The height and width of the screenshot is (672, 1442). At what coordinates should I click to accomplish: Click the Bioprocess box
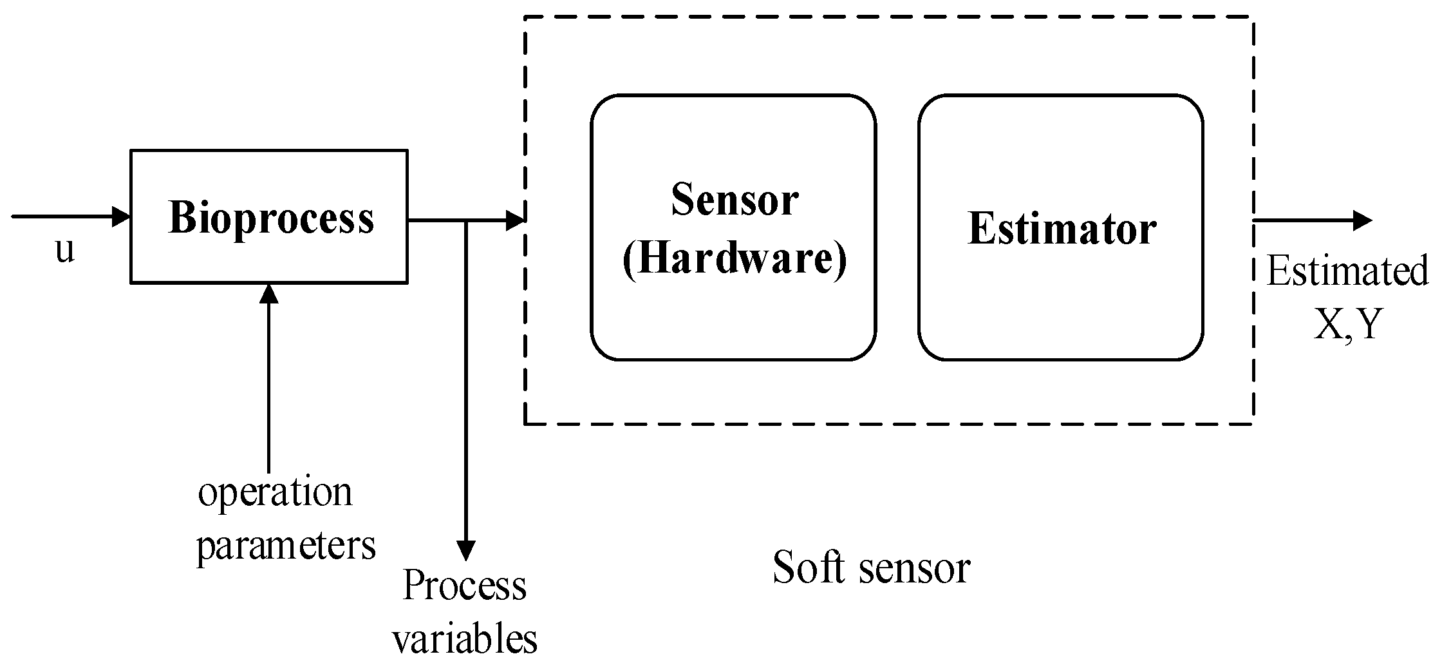(269, 216)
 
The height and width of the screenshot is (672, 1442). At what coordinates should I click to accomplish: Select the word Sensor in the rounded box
(735, 200)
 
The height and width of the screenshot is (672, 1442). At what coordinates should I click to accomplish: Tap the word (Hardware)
(735, 259)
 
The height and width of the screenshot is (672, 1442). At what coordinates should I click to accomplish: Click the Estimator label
(1062, 229)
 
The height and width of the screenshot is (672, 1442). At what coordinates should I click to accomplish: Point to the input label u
(65, 250)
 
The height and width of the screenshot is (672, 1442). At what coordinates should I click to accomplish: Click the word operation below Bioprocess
(276, 493)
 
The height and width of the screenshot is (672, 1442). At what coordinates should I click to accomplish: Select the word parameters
(286, 546)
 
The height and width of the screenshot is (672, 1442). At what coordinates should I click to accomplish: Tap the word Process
(464, 586)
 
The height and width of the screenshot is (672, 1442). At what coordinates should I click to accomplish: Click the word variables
(465, 639)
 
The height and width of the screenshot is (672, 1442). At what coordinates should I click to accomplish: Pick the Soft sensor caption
(871, 568)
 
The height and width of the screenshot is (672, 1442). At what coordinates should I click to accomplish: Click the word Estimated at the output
(1347, 271)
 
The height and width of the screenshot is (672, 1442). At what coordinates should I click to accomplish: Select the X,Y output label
(1347, 325)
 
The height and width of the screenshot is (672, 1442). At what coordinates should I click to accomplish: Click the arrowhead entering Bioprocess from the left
(121, 216)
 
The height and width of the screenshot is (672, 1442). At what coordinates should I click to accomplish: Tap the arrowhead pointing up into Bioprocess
(268, 293)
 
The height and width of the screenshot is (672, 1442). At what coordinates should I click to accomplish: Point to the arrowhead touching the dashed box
(515, 221)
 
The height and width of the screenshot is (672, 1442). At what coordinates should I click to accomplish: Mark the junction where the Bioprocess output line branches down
(465, 221)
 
